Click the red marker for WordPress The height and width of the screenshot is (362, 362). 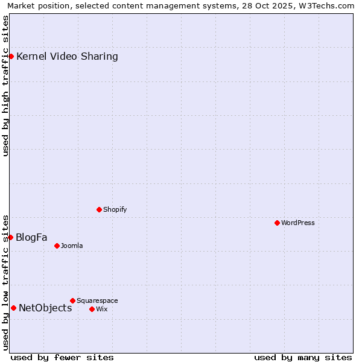point(277,223)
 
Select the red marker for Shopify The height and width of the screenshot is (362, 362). point(99,210)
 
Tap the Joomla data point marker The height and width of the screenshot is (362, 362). point(57,246)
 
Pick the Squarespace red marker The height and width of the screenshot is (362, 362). point(72,300)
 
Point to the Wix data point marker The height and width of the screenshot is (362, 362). point(92,309)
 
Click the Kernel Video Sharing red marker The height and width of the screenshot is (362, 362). point(11,57)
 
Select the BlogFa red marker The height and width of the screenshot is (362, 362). point(10,237)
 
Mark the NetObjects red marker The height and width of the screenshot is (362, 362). point(13,308)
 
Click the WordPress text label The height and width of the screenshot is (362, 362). point(298,223)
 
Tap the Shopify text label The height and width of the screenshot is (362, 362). point(115,210)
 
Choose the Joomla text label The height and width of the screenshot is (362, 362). point(72,246)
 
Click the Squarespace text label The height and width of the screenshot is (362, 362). point(97,300)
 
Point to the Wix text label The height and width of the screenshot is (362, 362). point(102,309)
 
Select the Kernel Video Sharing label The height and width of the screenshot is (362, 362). point(67,57)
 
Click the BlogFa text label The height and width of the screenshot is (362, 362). point(31,237)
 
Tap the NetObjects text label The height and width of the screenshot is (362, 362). point(45,308)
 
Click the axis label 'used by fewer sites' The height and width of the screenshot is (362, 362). point(62,357)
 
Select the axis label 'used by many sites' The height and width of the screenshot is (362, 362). point(303,357)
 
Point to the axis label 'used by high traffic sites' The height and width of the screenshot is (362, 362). point(6,86)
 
